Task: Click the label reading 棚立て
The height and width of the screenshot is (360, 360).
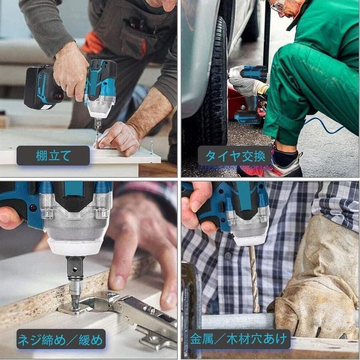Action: pyautogui.click(x=53, y=156)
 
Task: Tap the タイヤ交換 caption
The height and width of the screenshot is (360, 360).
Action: pyautogui.click(x=234, y=156)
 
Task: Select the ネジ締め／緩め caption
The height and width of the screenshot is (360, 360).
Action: pyautogui.click(x=61, y=339)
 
